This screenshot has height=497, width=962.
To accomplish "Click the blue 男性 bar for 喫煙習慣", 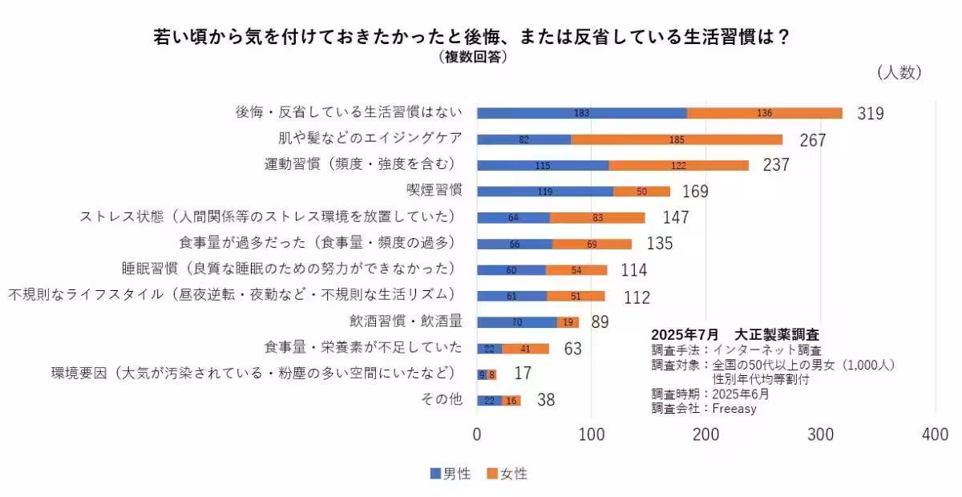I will pyautogui.click(x=545, y=192).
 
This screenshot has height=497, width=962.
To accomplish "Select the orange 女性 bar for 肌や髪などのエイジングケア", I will pyautogui.click(x=677, y=139).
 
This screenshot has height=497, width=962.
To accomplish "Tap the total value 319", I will pyautogui.click(x=870, y=113).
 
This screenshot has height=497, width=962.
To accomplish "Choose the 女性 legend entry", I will pyautogui.click(x=507, y=474).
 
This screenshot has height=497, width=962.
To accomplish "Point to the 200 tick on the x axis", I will pyautogui.click(x=706, y=434).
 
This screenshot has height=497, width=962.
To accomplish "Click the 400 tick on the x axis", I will pyautogui.click(x=935, y=434).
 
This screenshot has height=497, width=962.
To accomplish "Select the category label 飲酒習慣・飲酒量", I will pyautogui.click(x=406, y=321).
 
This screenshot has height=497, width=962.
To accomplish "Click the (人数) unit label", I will pyautogui.click(x=899, y=73).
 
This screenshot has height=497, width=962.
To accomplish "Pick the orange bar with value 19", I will pyautogui.click(x=568, y=322).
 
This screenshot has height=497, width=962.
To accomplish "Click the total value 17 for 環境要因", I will pyautogui.click(x=523, y=374).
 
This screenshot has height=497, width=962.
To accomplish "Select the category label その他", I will pyautogui.click(x=442, y=399).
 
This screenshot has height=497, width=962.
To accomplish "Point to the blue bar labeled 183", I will pyautogui.click(x=582, y=113).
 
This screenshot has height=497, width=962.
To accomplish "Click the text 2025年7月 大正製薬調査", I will pyautogui.click(x=734, y=334).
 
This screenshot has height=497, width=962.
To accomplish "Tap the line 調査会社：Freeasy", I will pyautogui.click(x=704, y=408).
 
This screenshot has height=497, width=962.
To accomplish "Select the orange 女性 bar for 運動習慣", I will pyautogui.click(x=678, y=165).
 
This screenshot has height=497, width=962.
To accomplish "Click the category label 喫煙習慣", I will pyautogui.click(x=434, y=191).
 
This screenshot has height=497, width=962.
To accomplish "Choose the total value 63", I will pyautogui.click(x=572, y=349).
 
